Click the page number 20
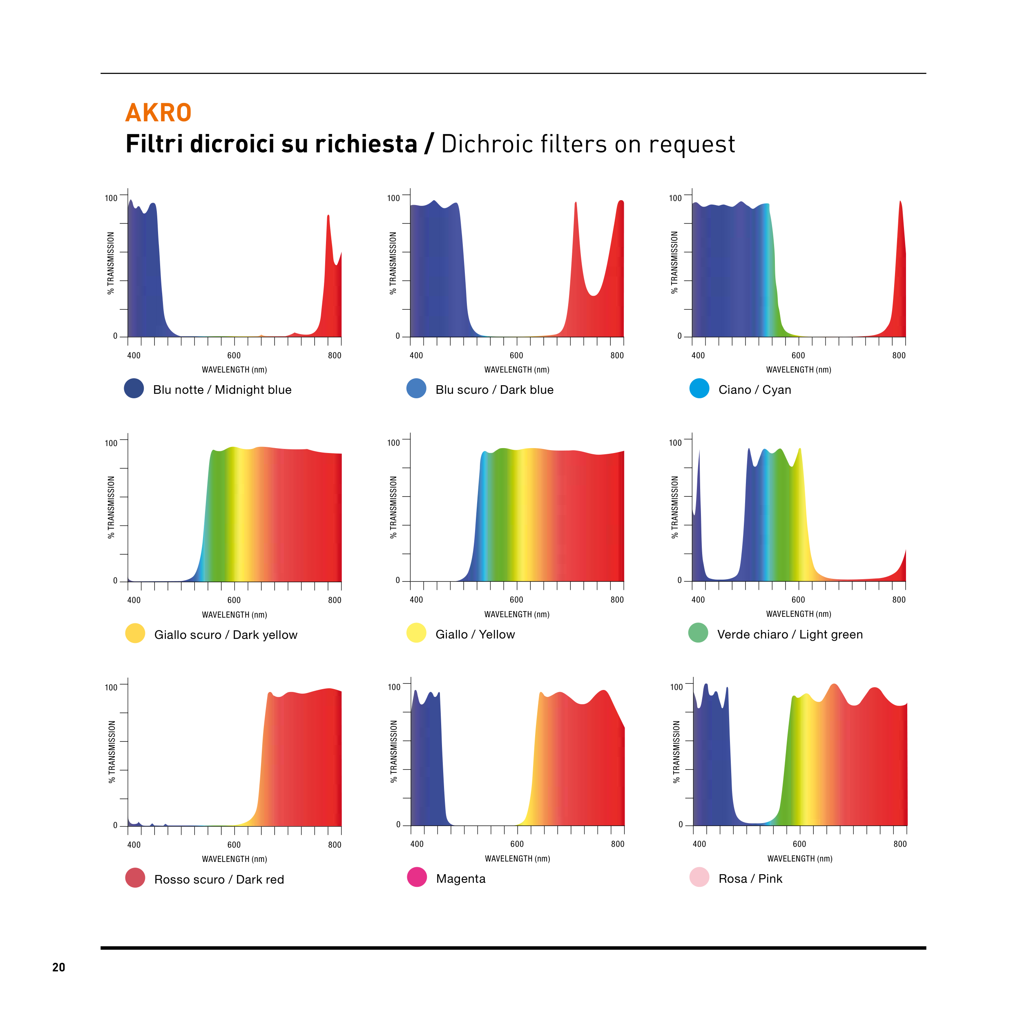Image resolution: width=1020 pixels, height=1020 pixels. pos(58,967)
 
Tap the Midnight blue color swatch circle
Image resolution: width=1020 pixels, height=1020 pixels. pos(134,388)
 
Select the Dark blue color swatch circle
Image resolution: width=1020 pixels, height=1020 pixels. pos(417,388)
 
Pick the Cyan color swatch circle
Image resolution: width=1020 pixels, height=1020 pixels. pos(699,388)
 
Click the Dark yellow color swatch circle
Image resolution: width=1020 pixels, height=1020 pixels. pos(135,634)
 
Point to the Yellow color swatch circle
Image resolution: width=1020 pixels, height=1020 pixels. pos(417,633)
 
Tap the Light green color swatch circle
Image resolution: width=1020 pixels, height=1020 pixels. pos(699,633)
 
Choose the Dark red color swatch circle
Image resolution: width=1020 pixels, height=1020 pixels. pos(135,878)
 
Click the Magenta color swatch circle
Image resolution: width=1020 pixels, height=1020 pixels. pos(417,877)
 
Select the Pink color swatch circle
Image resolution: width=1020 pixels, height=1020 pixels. pos(699,877)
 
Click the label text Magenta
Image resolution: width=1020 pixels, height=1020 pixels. pos(461,879)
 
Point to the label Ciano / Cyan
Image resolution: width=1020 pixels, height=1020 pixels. pos(754,390)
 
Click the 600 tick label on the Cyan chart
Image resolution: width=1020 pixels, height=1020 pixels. pos(798,356)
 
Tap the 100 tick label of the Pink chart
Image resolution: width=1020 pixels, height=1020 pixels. pos(676,687)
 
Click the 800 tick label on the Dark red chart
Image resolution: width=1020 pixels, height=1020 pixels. pos(335,845)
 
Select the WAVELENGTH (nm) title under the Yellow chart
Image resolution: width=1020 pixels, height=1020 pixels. pos(517,614)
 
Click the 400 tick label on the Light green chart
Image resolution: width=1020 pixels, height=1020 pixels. pos(698,600)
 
